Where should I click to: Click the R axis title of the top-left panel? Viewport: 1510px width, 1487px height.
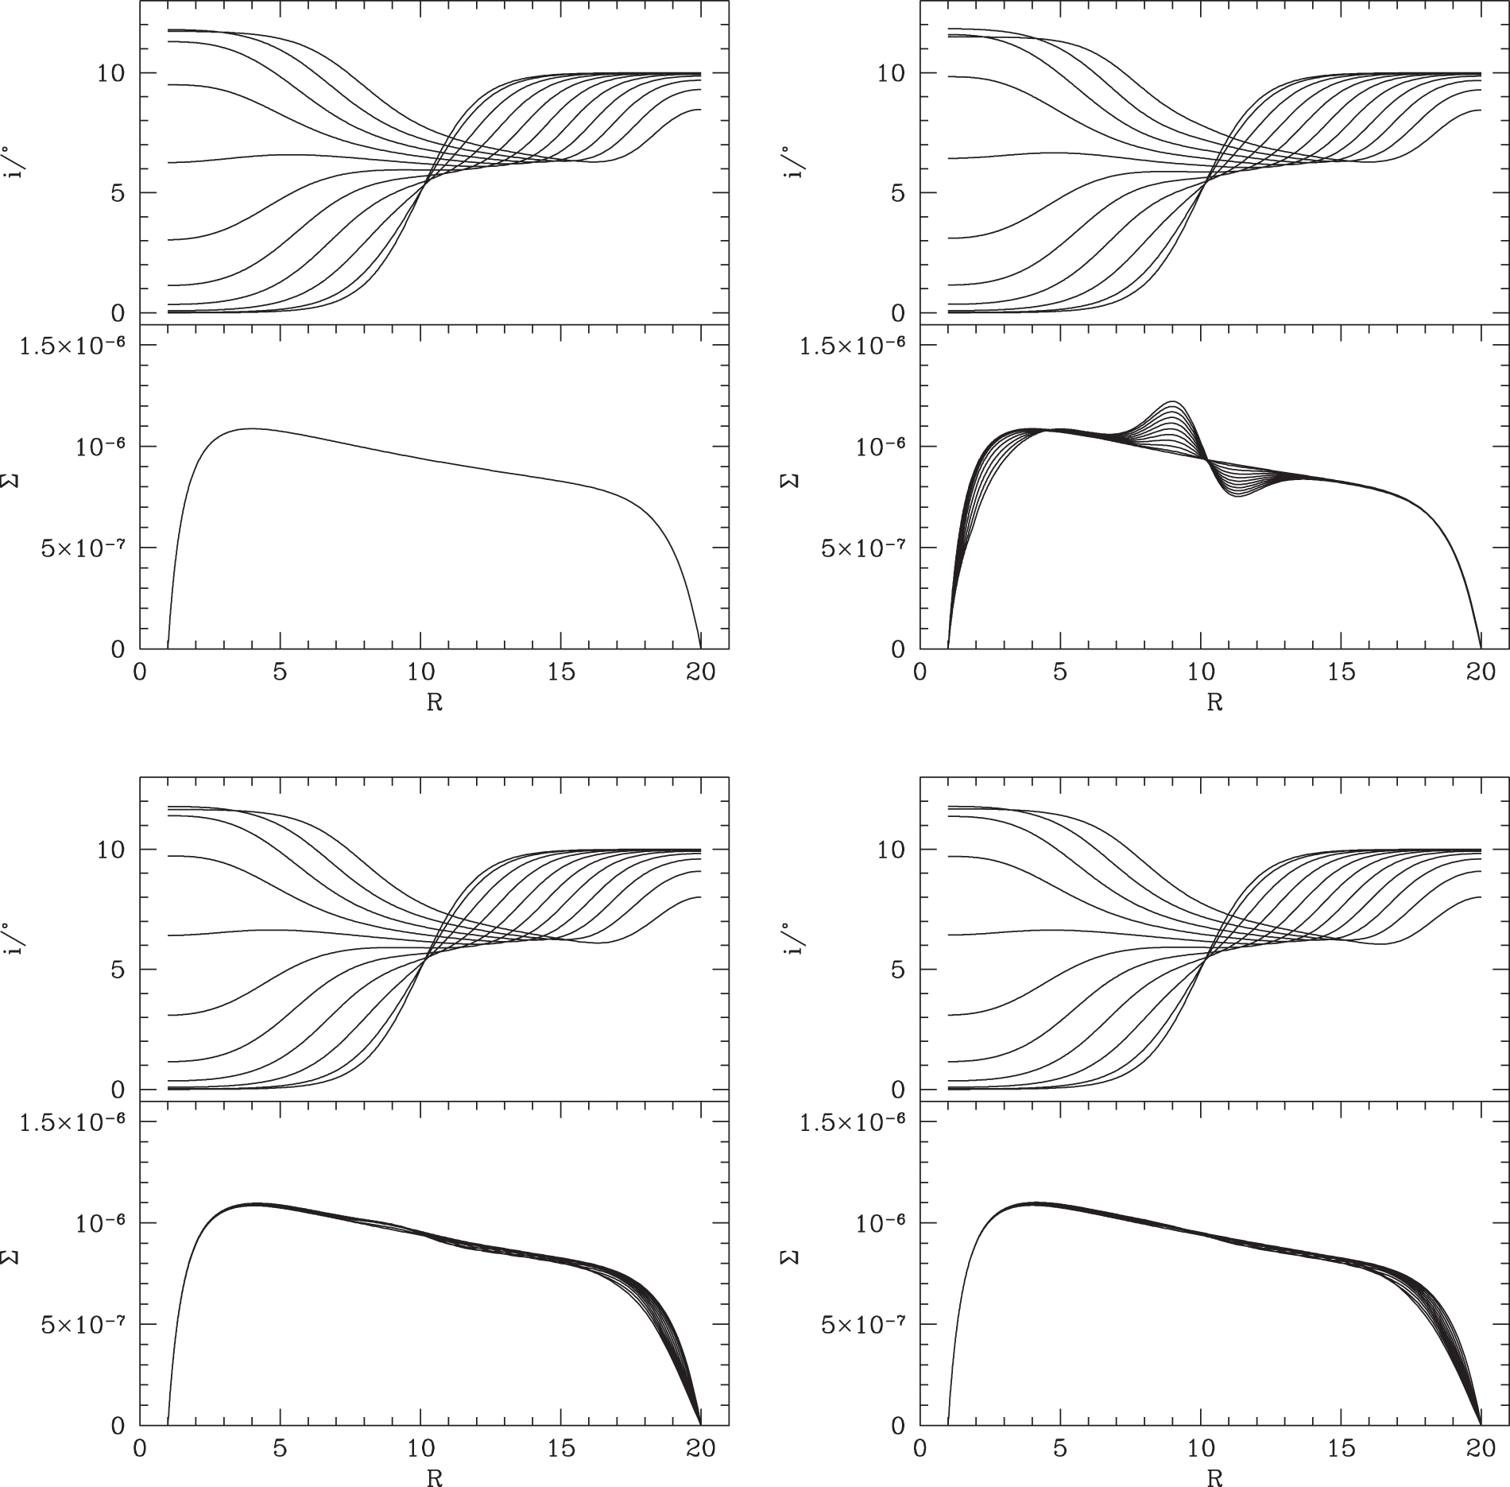point(435,703)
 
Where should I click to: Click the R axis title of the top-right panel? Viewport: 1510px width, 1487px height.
point(1214,703)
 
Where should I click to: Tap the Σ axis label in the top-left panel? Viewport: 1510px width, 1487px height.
point(15,481)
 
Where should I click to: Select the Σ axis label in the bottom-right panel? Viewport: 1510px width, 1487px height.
point(795,1257)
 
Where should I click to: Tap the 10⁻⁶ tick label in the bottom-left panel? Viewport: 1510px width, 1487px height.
point(101,1222)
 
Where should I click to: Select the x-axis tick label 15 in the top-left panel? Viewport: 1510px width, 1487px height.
point(561,672)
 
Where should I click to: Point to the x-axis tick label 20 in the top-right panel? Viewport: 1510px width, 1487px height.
point(1480,672)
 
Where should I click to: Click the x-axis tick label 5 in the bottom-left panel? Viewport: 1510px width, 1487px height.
point(280,1448)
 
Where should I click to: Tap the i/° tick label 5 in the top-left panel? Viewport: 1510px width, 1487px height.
point(117,192)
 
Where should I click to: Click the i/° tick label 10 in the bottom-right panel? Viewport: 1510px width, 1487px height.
point(890,850)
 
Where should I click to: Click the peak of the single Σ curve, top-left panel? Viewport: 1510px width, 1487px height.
point(252,428)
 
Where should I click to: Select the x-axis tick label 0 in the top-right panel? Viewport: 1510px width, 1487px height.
point(920,672)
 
